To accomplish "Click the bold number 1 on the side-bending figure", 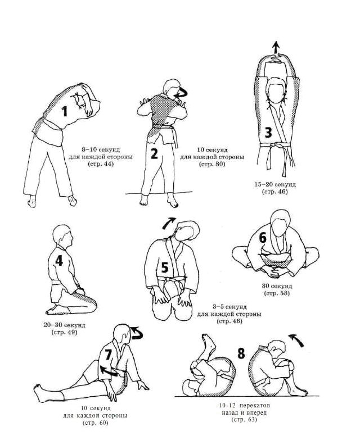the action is (x=65, y=111).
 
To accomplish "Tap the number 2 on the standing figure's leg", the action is (x=154, y=153).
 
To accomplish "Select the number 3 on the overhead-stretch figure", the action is (x=268, y=133).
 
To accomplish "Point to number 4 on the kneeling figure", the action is (x=59, y=261).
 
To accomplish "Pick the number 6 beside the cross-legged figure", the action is (x=263, y=238).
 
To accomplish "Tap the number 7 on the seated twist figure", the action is (x=108, y=355).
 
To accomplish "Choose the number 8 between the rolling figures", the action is (x=241, y=353).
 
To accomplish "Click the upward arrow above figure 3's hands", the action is (x=276, y=47).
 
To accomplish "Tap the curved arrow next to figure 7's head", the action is (x=138, y=333).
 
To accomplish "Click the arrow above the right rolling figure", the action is (x=296, y=340).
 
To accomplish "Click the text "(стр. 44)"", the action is (x=101, y=164).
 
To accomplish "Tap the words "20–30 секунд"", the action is (x=64, y=325).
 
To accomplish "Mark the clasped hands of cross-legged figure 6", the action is (x=274, y=271).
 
